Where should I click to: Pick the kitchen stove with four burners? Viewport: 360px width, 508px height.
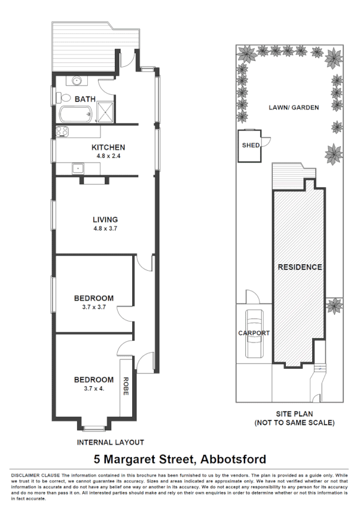pyautogui.click(x=62, y=132)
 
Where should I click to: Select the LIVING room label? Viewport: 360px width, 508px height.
pyautogui.click(x=105, y=219)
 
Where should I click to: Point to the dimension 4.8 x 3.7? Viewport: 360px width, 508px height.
pyautogui.click(x=105, y=228)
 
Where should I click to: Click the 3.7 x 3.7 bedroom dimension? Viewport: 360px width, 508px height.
pyautogui.click(x=94, y=307)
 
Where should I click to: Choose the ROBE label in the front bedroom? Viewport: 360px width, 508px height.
pyautogui.click(x=126, y=386)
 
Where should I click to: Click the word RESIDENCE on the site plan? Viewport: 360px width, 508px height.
pyautogui.click(x=300, y=267)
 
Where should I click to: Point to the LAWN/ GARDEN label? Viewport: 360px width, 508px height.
pyautogui.click(x=293, y=108)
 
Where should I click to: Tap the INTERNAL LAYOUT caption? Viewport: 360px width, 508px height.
pyautogui.click(x=111, y=442)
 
